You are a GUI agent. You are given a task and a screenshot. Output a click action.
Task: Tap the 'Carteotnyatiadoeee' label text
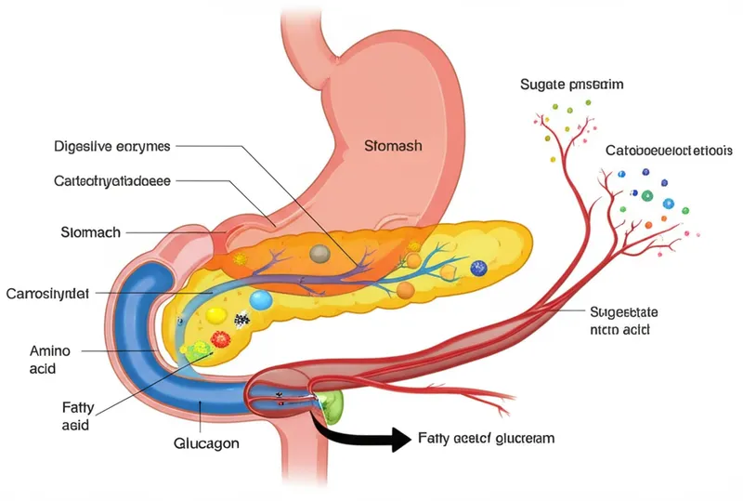point(112,182)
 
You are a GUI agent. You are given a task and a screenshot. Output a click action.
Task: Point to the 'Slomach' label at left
point(89,232)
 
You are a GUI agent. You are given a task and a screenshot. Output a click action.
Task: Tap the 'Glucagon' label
point(206,443)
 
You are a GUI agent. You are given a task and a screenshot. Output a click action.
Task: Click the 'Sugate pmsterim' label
point(570,85)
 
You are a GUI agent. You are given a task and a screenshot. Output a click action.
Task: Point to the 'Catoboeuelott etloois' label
point(669,150)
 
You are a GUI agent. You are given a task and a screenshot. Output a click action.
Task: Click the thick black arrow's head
point(398,440)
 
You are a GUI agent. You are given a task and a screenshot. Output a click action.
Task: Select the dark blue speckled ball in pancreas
point(478,268)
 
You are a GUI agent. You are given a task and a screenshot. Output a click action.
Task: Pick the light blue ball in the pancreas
point(261,299)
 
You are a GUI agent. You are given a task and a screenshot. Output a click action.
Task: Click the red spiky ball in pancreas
point(221,338)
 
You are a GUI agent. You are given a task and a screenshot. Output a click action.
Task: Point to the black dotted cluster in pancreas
point(242,320)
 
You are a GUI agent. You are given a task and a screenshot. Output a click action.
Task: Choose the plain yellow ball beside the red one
point(215,314)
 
